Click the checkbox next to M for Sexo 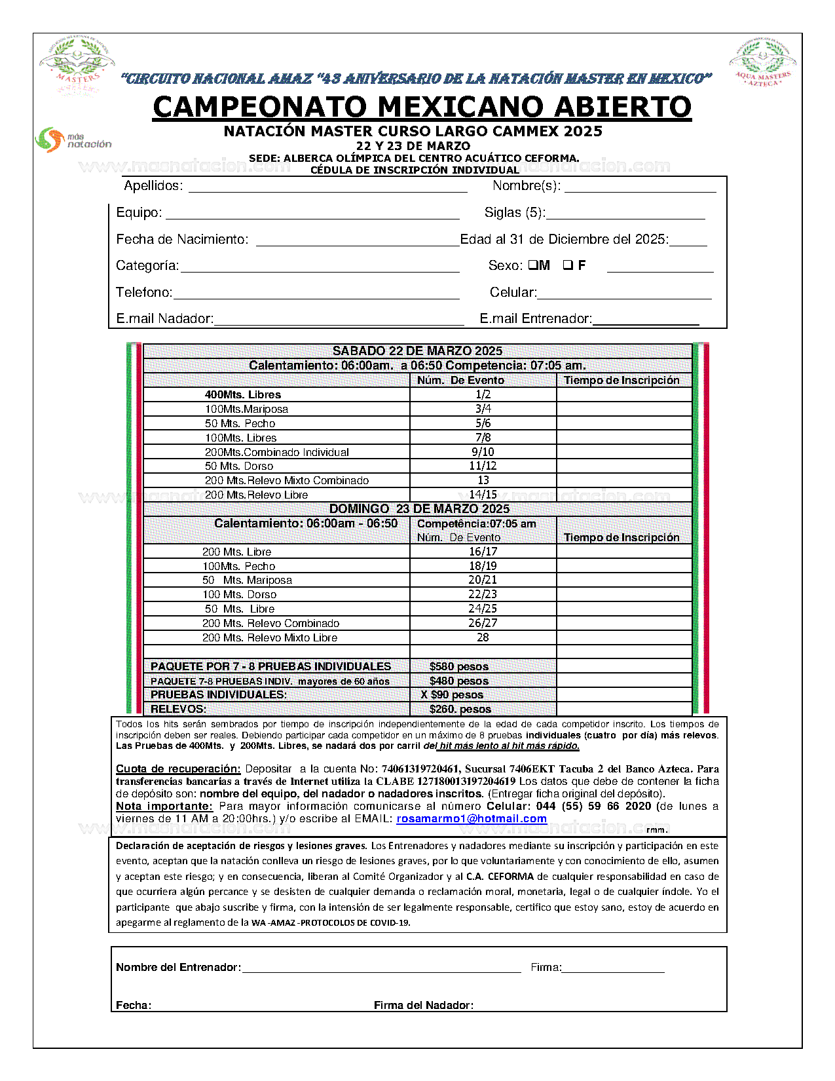point(532,265)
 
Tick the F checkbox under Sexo point(568,265)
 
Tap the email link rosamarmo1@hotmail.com point(471,818)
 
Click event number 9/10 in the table point(483,452)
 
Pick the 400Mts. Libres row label point(242,394)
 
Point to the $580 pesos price point(458,666)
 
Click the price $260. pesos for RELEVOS point(460,709)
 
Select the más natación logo point(73,140)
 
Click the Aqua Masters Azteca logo point(762,64)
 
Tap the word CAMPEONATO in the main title point(260,107)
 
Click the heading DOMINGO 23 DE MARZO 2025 point(419,508)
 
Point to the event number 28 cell point(483,637)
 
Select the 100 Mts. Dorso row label point(239,594)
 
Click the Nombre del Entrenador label point(178,967)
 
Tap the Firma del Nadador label point(423,1005)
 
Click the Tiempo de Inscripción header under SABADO point(622,380)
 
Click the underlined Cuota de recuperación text point(178,768)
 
